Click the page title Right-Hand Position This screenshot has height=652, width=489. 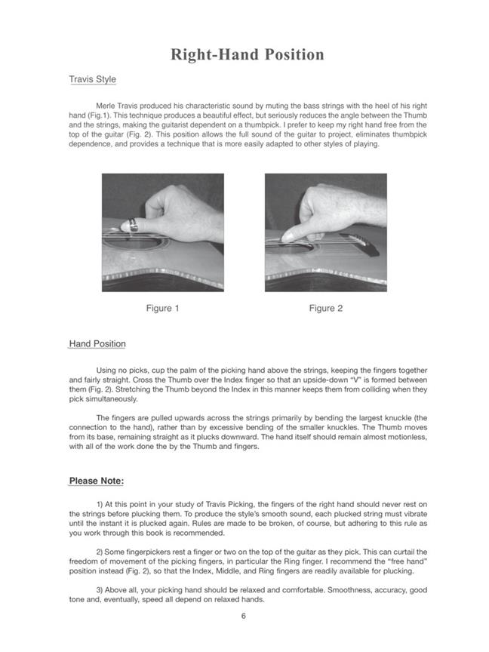click(247, 55)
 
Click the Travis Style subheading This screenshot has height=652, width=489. click(92, 78)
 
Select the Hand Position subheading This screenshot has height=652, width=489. click(97, 344)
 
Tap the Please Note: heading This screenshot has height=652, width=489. click(97, 481)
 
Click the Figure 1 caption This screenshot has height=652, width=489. click(163, 308)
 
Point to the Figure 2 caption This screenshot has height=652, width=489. click(326, 308)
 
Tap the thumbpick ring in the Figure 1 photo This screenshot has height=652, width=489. click(132, 225)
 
